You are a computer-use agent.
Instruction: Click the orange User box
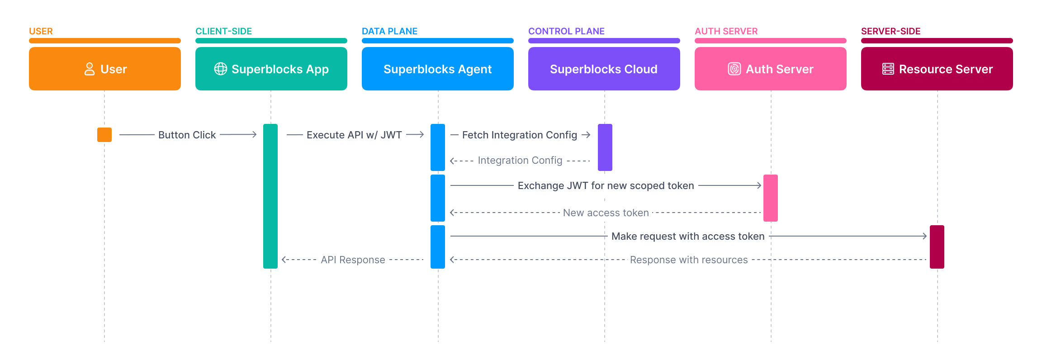pos(104,69)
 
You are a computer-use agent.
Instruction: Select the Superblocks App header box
pos(271,69)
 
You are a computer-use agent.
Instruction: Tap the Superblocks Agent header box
pos(437,69)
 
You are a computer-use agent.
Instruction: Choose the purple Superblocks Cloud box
pos(604,69)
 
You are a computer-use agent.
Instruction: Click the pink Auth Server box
pos(770,69)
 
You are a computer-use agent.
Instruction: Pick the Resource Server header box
pos(937,69)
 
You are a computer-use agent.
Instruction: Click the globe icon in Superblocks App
pos(221,69)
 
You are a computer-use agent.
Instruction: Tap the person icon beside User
pos(90,69)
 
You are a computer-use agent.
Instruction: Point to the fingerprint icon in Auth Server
pos(734,69)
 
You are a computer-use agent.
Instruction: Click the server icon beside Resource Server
pos(888,69)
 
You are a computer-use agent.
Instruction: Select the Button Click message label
pos(187,135)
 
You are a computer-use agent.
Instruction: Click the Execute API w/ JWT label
pos(354,135)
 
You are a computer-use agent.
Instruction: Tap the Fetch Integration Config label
pos(519,135)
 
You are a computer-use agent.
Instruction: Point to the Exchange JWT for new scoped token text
pos(606,185)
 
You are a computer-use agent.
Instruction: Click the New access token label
pos(606,213)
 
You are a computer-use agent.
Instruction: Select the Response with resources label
pos(688,260)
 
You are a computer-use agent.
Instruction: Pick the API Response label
pos(353,260)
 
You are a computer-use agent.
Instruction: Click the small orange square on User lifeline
pos(104,135)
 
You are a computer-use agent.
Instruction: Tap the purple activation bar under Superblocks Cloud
pos(605,147)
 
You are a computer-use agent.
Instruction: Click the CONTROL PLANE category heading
pos(566,31)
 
